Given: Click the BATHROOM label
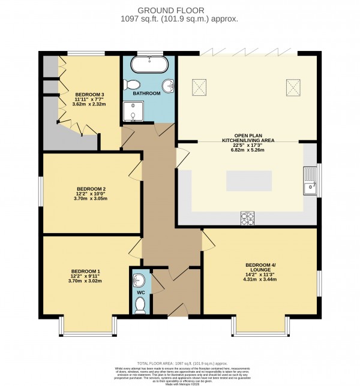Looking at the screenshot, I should (147, 94).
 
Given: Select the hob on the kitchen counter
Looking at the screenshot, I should (247, 216).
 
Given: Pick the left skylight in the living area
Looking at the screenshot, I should (199, 88).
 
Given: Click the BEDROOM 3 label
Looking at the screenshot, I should (89, 95).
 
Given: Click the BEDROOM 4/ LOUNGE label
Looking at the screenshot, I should (260, 268).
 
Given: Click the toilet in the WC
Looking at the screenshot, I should (140, 306).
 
